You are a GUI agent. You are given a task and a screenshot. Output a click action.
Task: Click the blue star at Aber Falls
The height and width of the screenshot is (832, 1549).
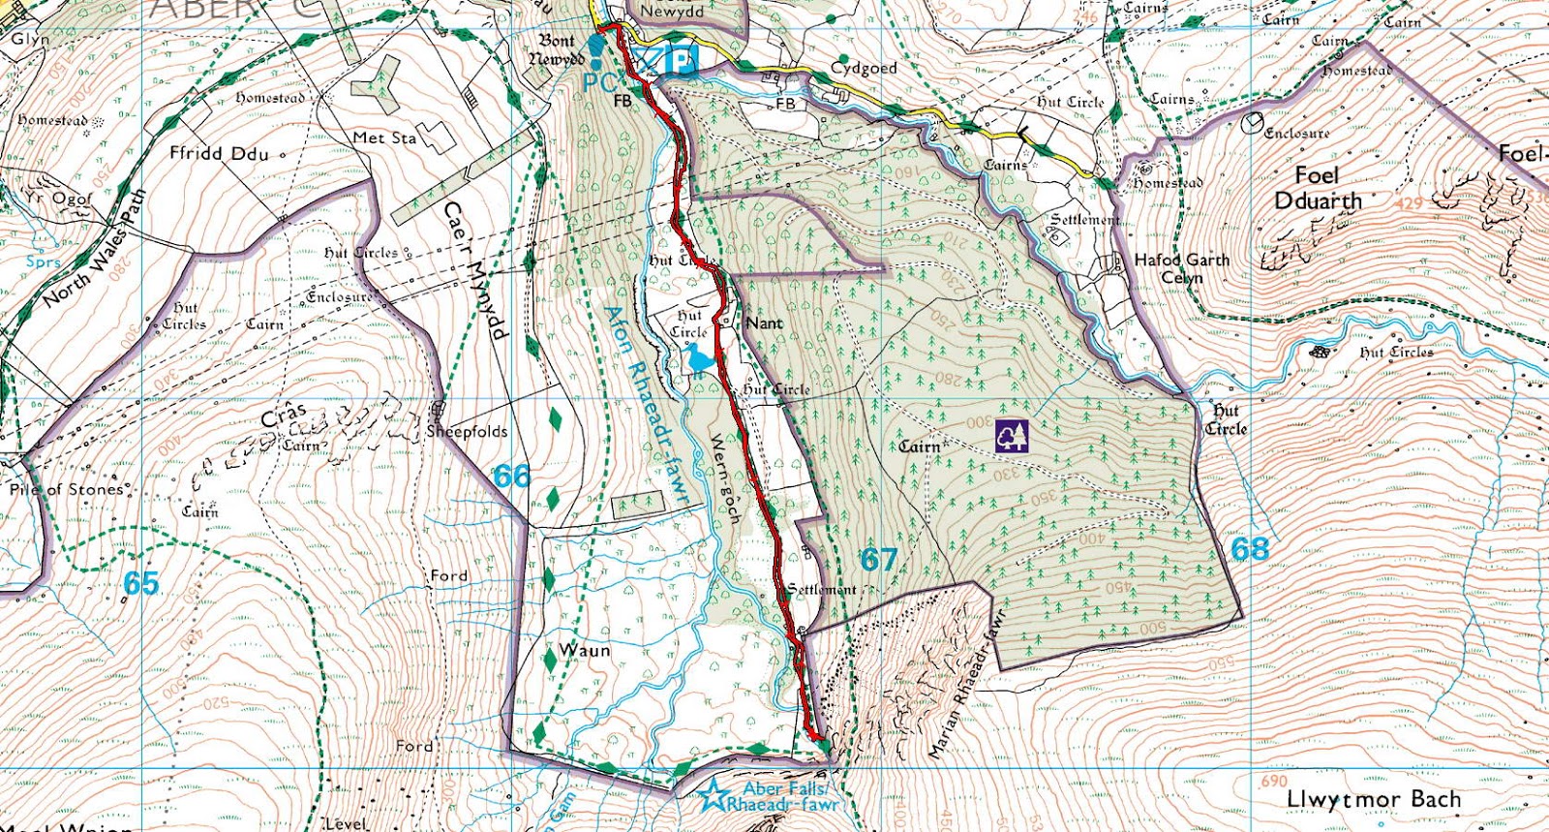(x=714, y=796)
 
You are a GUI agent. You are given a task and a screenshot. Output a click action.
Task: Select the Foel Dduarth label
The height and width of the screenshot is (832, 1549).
(x=1317, y=189)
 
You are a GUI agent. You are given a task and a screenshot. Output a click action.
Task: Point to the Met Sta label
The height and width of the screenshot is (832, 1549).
(x=384, y=139)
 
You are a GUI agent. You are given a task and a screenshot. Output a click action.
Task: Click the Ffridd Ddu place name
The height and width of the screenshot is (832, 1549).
(x=219, y=153)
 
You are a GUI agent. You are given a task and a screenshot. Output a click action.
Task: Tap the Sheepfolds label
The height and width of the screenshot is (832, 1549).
(x=467, y=431)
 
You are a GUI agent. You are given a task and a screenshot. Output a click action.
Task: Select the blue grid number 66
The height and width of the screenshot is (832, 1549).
(x=512, y=477)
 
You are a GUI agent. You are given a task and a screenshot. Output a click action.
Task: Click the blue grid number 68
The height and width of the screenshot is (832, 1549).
(x=1250, y=549)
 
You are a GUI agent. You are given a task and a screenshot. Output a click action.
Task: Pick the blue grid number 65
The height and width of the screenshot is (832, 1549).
(x=141, y=583)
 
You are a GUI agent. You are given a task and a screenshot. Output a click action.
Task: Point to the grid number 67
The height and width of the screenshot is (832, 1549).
(x=879, y=559)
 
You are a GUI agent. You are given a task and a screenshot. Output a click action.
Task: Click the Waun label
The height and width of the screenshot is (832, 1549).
(x=585, y=650)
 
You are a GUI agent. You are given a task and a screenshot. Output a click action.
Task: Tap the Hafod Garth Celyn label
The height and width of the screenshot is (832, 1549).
(x=1181, y=268)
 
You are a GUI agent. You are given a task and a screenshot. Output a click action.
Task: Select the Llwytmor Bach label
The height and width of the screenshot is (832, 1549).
(x=1373, y=800)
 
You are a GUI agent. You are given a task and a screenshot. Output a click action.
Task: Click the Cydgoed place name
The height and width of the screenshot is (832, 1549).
(x=864, y=68)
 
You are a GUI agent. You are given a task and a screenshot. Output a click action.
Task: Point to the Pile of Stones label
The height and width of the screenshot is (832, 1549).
(x=67, y=489)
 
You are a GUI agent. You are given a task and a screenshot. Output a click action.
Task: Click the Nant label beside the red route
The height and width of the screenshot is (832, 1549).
(x=764, y=324)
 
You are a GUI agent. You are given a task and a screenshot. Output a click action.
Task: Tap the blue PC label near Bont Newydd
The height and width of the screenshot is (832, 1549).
(x=599, y=82)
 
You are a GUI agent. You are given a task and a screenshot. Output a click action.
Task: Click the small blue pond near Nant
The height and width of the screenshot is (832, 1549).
(x=699, y=360)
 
